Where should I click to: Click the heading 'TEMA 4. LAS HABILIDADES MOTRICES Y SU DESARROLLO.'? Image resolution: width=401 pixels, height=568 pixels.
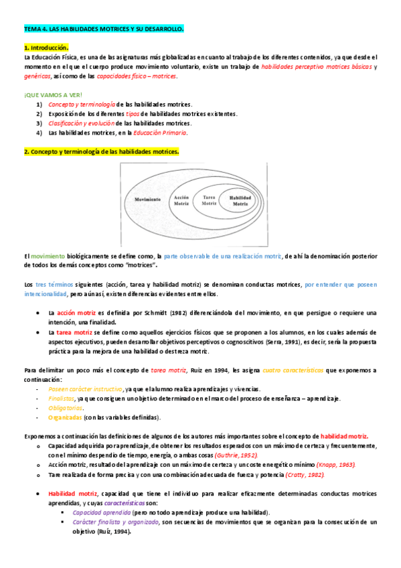[x=103, y=30]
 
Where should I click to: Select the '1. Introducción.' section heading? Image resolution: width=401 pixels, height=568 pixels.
[x=46, y=48]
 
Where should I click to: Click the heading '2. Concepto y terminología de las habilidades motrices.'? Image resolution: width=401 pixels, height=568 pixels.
[x=101, y=152]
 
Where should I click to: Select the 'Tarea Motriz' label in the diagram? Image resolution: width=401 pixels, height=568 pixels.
[x=209, y=200]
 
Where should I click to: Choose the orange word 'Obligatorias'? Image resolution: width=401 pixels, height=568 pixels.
[x=64, y=408]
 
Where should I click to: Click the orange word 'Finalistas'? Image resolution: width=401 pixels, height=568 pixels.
[x=62, y=399]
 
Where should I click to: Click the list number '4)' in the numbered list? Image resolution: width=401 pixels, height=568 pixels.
[x=39, y=133]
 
